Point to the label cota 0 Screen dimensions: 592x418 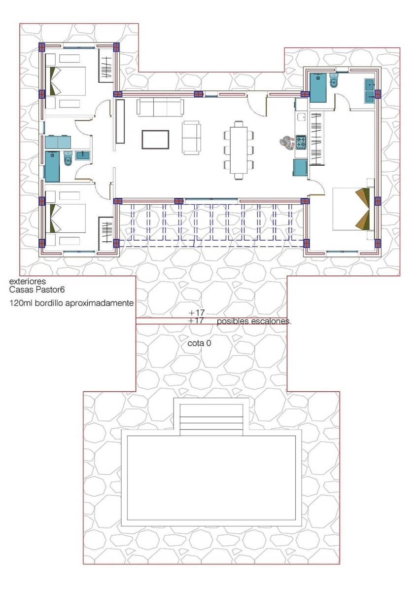click(199, 343)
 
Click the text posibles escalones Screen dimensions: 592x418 click(254, 321)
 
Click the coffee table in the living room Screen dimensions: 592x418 click(155, 139)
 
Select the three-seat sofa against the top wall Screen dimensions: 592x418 click(160, 107)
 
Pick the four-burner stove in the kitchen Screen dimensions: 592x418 click(301, 143)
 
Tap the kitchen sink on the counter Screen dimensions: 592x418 click(301, 116)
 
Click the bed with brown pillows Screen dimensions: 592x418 click(353, 209)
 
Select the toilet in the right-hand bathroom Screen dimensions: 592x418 click(334, 81)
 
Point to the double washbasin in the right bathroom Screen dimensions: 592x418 click(370, 91)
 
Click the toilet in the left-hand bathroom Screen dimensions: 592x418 click(68, 159)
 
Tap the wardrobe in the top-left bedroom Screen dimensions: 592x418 click(106, 69)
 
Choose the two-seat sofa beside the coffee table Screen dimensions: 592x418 click(192, 138)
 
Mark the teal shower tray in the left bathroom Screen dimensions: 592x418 click(52, 167)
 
